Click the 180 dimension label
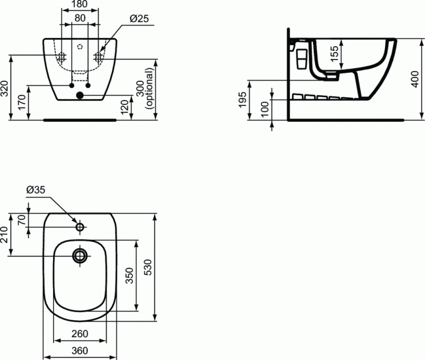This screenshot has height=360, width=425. coord(80,5)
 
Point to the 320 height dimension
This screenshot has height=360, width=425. coord(5,89)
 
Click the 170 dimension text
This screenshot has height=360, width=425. coord(21,102)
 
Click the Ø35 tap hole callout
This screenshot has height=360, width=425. coord(36,189)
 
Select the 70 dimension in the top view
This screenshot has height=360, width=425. coord(22,220)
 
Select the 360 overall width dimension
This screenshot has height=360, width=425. coord(80,351)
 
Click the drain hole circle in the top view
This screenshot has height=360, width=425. coord(80,256)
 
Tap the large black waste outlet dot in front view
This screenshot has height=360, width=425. coord(80,96)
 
